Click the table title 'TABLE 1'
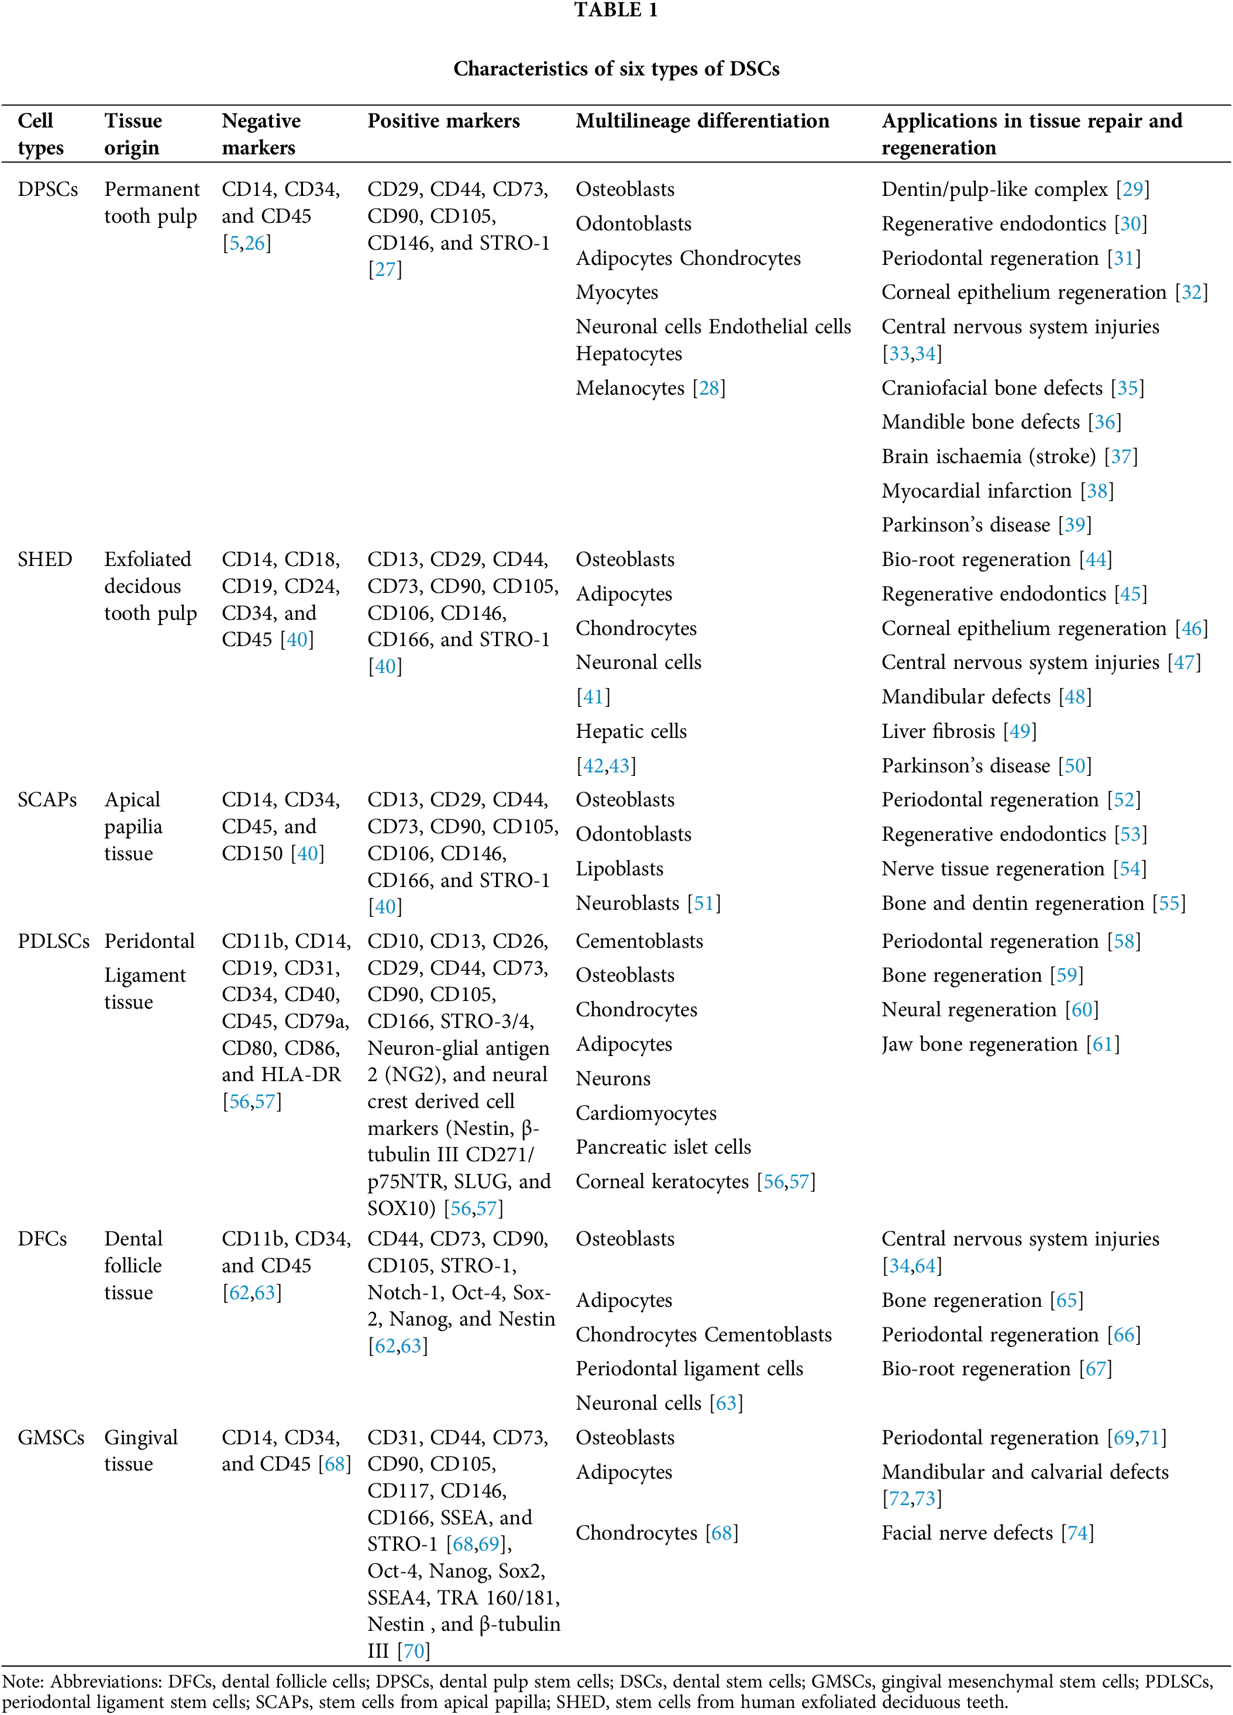[616, 11]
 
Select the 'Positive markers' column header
[443, 121]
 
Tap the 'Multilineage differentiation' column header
[702, 121]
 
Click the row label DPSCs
[47, 189]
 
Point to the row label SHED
[44, 560]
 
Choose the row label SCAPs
[47, 800]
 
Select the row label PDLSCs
[53, 941]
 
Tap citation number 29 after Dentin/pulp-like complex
[1132, 189]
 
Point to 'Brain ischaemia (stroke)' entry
[988, 457]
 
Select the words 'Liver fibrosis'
[938, 731]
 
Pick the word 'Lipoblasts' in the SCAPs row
[619, 869]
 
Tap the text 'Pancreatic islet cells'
[663, 1147]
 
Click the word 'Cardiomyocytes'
[645, 1113]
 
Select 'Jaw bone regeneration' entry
[979, 1044]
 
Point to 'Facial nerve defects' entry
[967, 1533]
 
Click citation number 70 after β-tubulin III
[414, 1651]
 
